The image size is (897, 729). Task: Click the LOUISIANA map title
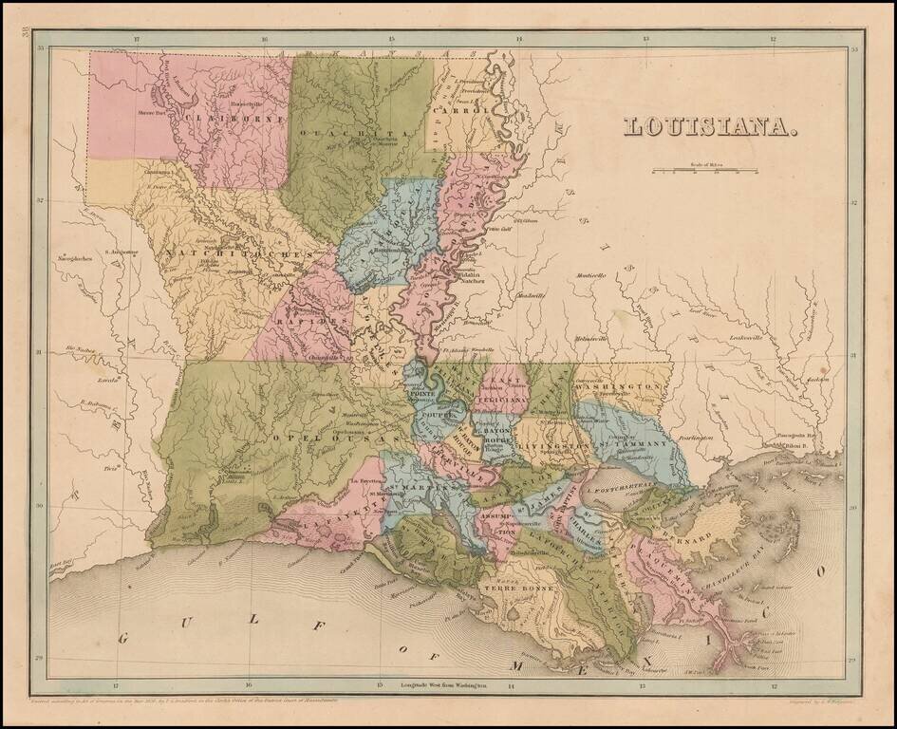click(709, 126)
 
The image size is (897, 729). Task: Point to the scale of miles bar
click(704, 171)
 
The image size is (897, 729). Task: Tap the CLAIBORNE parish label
click(223, 119)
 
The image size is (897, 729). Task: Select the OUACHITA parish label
click(351, 134)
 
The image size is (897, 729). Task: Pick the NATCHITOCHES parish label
click(238, 254)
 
